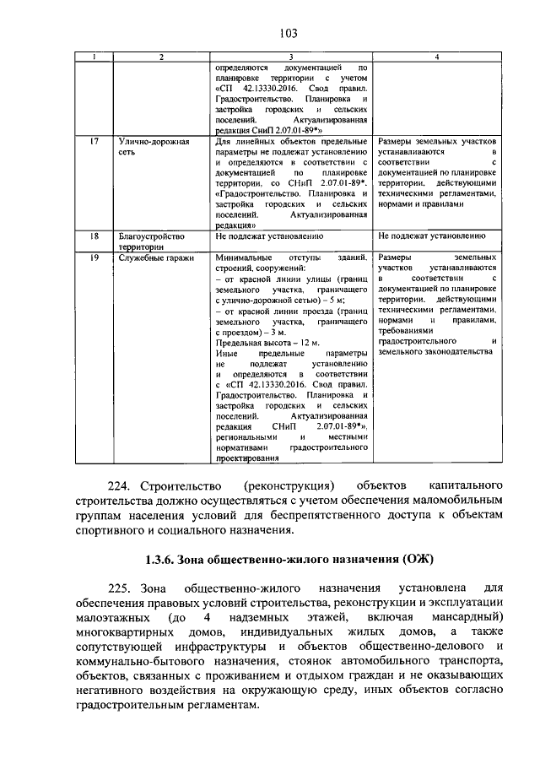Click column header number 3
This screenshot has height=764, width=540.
coord(292,57)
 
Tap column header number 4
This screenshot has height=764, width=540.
coord(436,57)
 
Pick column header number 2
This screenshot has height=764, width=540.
coord(161,57)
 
